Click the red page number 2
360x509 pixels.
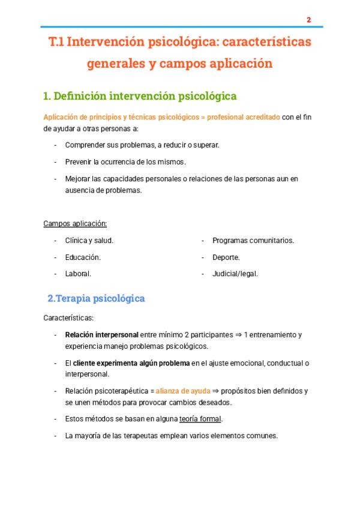coord(308,20)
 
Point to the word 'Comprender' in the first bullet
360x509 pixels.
coord(84,145)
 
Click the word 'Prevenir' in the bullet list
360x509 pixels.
coord(79,162)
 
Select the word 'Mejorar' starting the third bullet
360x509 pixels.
coord(78,179)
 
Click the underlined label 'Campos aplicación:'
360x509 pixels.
coord(75,224)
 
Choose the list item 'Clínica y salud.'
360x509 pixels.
coord(89,240)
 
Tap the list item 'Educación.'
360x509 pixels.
coord(83,257)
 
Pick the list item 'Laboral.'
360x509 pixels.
coord(78,274)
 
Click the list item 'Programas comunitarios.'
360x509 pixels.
coord(253,240)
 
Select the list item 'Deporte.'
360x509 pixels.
coord(226,257)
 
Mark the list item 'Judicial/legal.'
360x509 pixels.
coord(235,274)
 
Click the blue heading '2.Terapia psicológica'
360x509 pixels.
coord(96,298)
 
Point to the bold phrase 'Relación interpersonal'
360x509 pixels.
coord(102,334)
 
